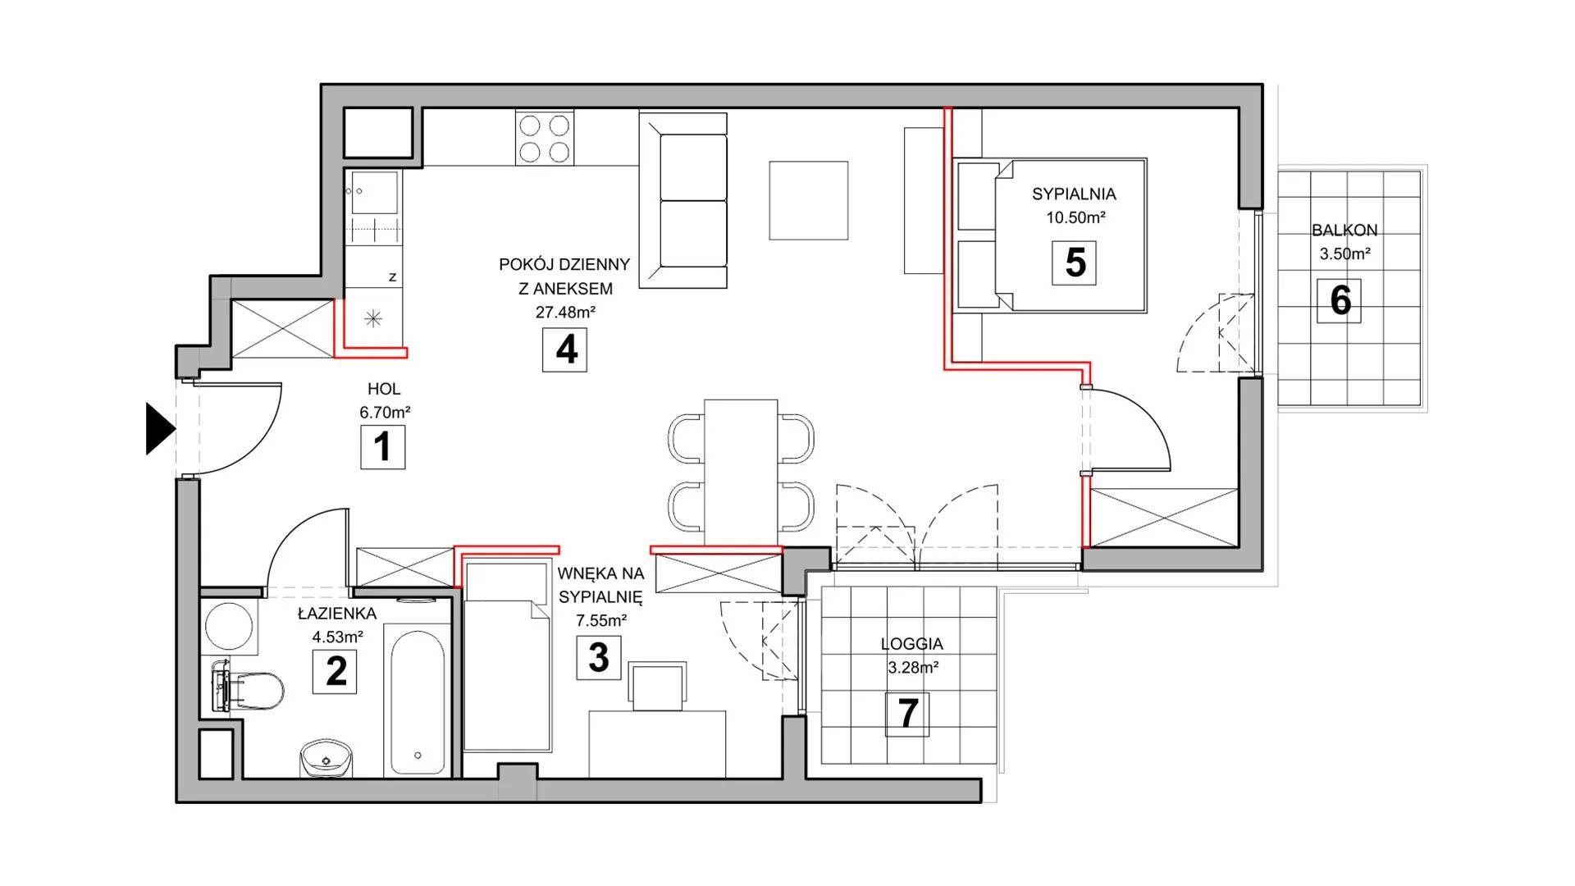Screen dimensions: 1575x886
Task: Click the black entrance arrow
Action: tap(159, 428)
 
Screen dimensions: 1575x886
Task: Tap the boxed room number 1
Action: tap(383, 447)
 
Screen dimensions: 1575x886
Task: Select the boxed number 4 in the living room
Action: tap(565, 349)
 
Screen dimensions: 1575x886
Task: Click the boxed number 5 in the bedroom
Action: tap(1075, 263)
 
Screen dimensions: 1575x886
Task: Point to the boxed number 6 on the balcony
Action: tap(1340, 300)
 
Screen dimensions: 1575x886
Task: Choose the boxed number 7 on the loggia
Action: tap(907, 714)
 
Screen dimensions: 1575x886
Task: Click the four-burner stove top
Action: tap(545, 139)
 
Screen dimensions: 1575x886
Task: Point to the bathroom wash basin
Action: tap(326, 757)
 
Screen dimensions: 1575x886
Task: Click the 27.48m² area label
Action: tap(565, 313)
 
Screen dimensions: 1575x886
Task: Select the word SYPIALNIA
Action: tap(1074, 194)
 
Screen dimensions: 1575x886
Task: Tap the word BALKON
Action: tap(1344, 231)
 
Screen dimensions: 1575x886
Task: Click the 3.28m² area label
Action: tap(913, 668)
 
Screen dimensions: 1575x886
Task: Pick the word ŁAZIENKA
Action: tap(337, 614)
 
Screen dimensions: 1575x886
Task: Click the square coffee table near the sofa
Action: tap(808, 200)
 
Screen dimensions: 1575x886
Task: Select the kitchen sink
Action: tap(374, 194)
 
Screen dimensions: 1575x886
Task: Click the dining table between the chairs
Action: tap(741, 473)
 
